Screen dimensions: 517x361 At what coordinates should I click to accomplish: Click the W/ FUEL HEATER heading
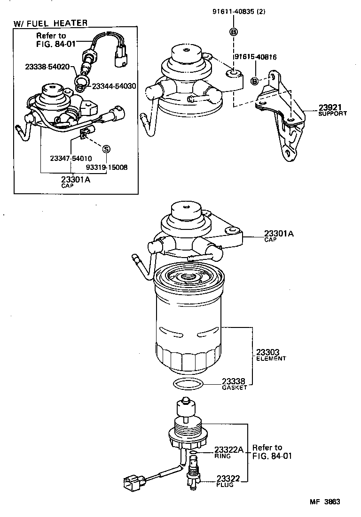(51, 23)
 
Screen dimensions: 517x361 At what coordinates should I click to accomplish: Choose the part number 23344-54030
(114, 86)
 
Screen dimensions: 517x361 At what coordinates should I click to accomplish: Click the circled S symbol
(106, 149)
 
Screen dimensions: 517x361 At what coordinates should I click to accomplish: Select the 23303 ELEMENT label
(271, 354)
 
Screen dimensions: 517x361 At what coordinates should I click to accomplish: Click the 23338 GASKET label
(235, 384)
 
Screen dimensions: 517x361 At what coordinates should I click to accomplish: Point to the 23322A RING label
(228, 452)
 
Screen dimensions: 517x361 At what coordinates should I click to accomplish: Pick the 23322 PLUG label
(228, 481)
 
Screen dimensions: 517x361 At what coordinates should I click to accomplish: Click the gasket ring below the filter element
(189, 384)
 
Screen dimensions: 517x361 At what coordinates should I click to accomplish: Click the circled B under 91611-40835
(233, 31)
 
